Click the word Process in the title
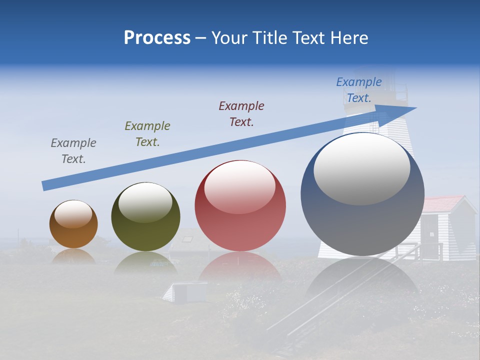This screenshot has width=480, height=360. pyautogui.click(x=157, y=38)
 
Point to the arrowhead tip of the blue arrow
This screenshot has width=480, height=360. pyautogui.click(x=415, y=108)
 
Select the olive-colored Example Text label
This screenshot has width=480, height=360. pyautogui.click(x=147, y=134)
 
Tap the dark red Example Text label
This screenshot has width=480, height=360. pyautogui.click(x=241, y=114)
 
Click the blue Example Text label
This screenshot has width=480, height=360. pyautogui.click(x=359, y=90)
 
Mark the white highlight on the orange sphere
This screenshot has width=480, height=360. pyautogui.click(x=73, y=214)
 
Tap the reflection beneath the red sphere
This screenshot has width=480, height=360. pyautogui.click(x=240, y=267)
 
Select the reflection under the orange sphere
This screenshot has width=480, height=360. pyautogui.click(x=73, y=256)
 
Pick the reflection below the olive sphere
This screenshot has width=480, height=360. pyautogui.click(x=145, y=263)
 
